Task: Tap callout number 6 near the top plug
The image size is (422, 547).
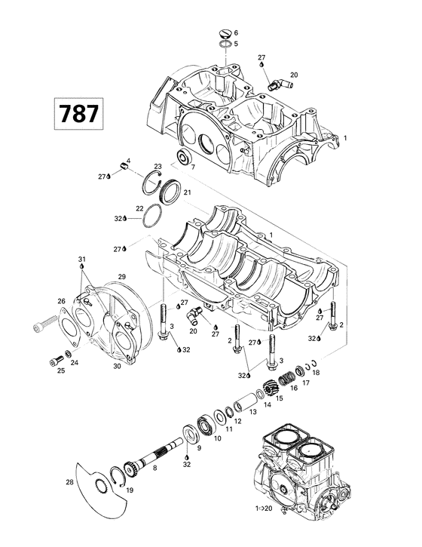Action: point(236,33)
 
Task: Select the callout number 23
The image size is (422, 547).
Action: point(158,166)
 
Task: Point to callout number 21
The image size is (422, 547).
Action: point(188,193)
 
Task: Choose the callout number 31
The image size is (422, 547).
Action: point(81,260)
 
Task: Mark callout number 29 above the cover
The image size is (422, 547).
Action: point(122,278)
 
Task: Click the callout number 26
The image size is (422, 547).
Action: point(62,301)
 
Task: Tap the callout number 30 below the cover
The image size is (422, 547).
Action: point(117,367)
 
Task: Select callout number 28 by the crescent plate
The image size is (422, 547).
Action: point(70,481)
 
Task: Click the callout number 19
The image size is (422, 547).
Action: point(130,490)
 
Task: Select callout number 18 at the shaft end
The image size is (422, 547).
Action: point(316,373)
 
